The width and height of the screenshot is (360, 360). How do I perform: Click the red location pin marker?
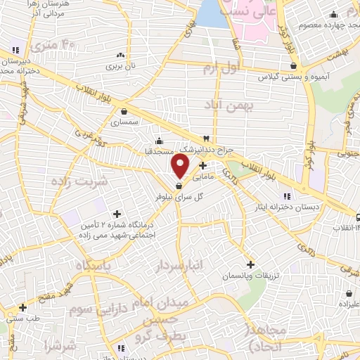[x=181, y=166]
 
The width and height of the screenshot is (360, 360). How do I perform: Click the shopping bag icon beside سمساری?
[x=124, y=110]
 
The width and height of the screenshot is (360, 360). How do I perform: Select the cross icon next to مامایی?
[x=203, y=167]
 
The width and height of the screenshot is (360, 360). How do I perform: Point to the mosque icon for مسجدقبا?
[x=159, y=139]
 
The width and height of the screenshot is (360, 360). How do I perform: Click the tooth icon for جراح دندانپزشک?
[x=206, y=139]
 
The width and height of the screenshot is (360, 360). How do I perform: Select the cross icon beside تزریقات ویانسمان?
[x=250, y=264]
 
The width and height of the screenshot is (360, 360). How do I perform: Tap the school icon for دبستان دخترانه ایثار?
[x=286, y=196]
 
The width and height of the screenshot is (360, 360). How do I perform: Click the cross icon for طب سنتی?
[x=23, y=307]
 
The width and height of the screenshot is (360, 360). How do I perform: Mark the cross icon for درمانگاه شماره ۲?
[x=117, y=213]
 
